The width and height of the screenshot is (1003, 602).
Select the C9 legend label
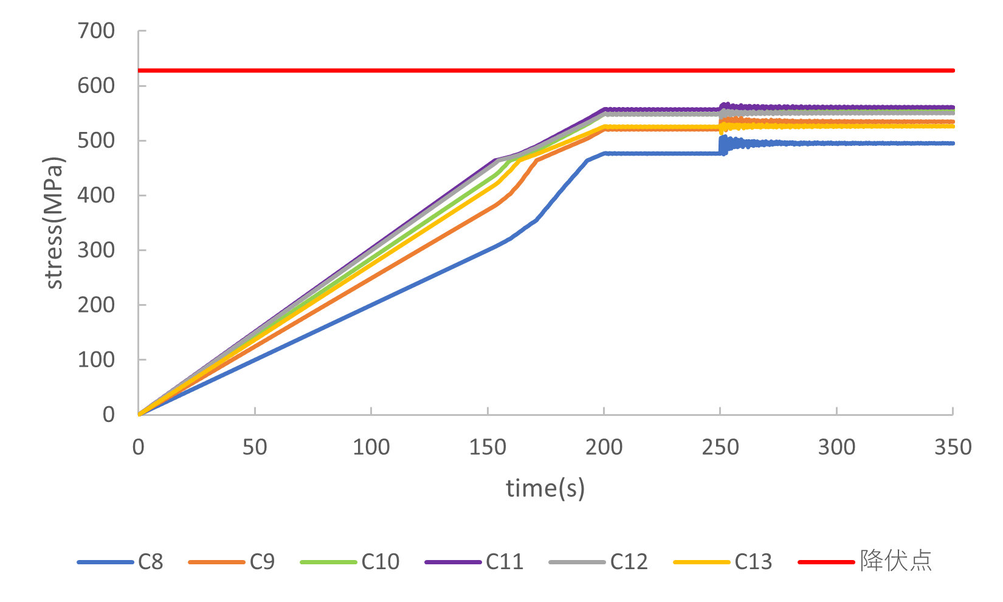pyautogui.click(x=262, y=561)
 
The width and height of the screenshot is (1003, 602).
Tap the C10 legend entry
pyautogui.click(x=380, y=561)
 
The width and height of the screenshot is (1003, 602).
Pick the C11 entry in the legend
pyautogui.click(x=505, y=561)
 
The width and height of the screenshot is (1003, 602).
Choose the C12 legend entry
pyautogui.click(x=629, y=561)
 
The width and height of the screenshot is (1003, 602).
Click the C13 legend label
pyautogui.click(x=753, y=561)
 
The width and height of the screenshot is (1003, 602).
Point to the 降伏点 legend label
pyautogui.click(x=895, y=561)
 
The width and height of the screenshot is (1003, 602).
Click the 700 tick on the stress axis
pyautogui.click(x=96, y=31)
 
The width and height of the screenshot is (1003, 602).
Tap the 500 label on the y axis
pyautogui.click(x=96, y=140)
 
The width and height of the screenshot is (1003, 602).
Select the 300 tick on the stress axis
pyautogui.click(x=96, y=250)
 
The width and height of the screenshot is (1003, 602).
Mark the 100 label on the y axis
pyautogui.click(x=96, y=359)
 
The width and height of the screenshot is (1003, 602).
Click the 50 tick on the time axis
pyautogui.click(x=255, y=448)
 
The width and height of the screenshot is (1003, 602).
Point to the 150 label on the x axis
pyautogui.click(x=488, y=448)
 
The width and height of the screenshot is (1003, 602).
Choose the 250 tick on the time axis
pyautogui.click(x=720, y=448)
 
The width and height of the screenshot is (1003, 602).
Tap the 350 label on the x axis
pyautogui.click(x=953, y=448)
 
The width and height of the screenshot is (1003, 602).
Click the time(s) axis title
pyautogui.click(x=545, y=488)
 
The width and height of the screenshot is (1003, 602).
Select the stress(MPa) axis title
pyautogui.click(x=54, y=223)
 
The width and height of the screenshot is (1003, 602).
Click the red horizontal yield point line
pyautogui.click(x=547, y=71)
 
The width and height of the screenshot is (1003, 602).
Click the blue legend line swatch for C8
pyautogui.click(x=105, y=562)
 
